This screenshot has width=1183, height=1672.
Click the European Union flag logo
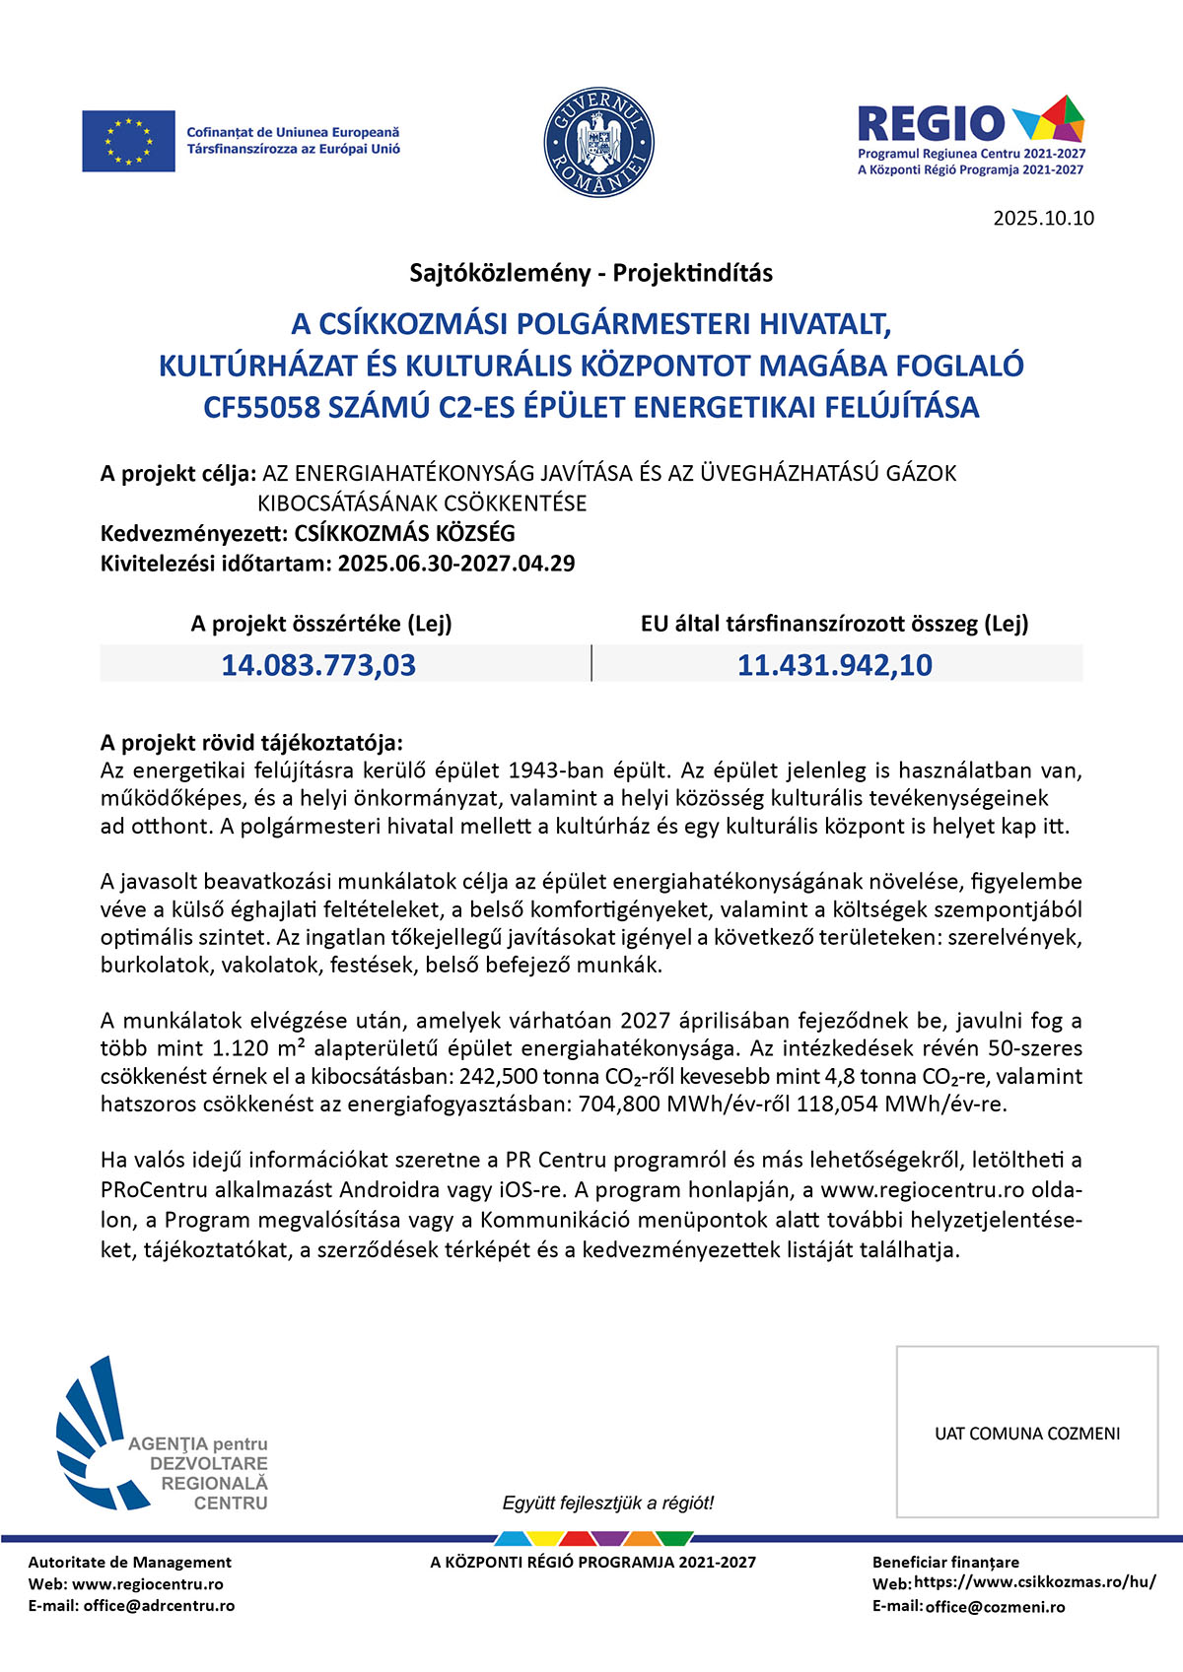(128, 141)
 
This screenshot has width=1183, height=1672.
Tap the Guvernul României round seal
(598, 141)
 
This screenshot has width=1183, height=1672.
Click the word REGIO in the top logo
(930, 124)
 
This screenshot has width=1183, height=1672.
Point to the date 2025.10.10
(1043, 219)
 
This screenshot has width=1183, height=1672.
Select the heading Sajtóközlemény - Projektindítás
(591, 273)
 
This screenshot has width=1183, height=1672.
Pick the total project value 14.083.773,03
(318, 665)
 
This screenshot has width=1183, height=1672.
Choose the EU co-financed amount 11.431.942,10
(835, 665)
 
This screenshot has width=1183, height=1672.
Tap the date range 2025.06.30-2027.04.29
(456, 564)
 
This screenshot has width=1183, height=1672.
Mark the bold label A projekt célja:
(178, 474)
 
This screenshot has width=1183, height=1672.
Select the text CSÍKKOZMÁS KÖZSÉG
(404, 534)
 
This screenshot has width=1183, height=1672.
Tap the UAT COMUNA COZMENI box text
(1027, 1434)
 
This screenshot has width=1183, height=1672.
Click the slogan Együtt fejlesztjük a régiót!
(607, 1503)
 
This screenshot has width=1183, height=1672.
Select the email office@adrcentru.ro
(159, 1605)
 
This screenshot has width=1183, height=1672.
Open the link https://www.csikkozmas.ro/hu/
(1035, 1582)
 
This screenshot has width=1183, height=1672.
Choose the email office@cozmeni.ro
(995, 1606)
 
